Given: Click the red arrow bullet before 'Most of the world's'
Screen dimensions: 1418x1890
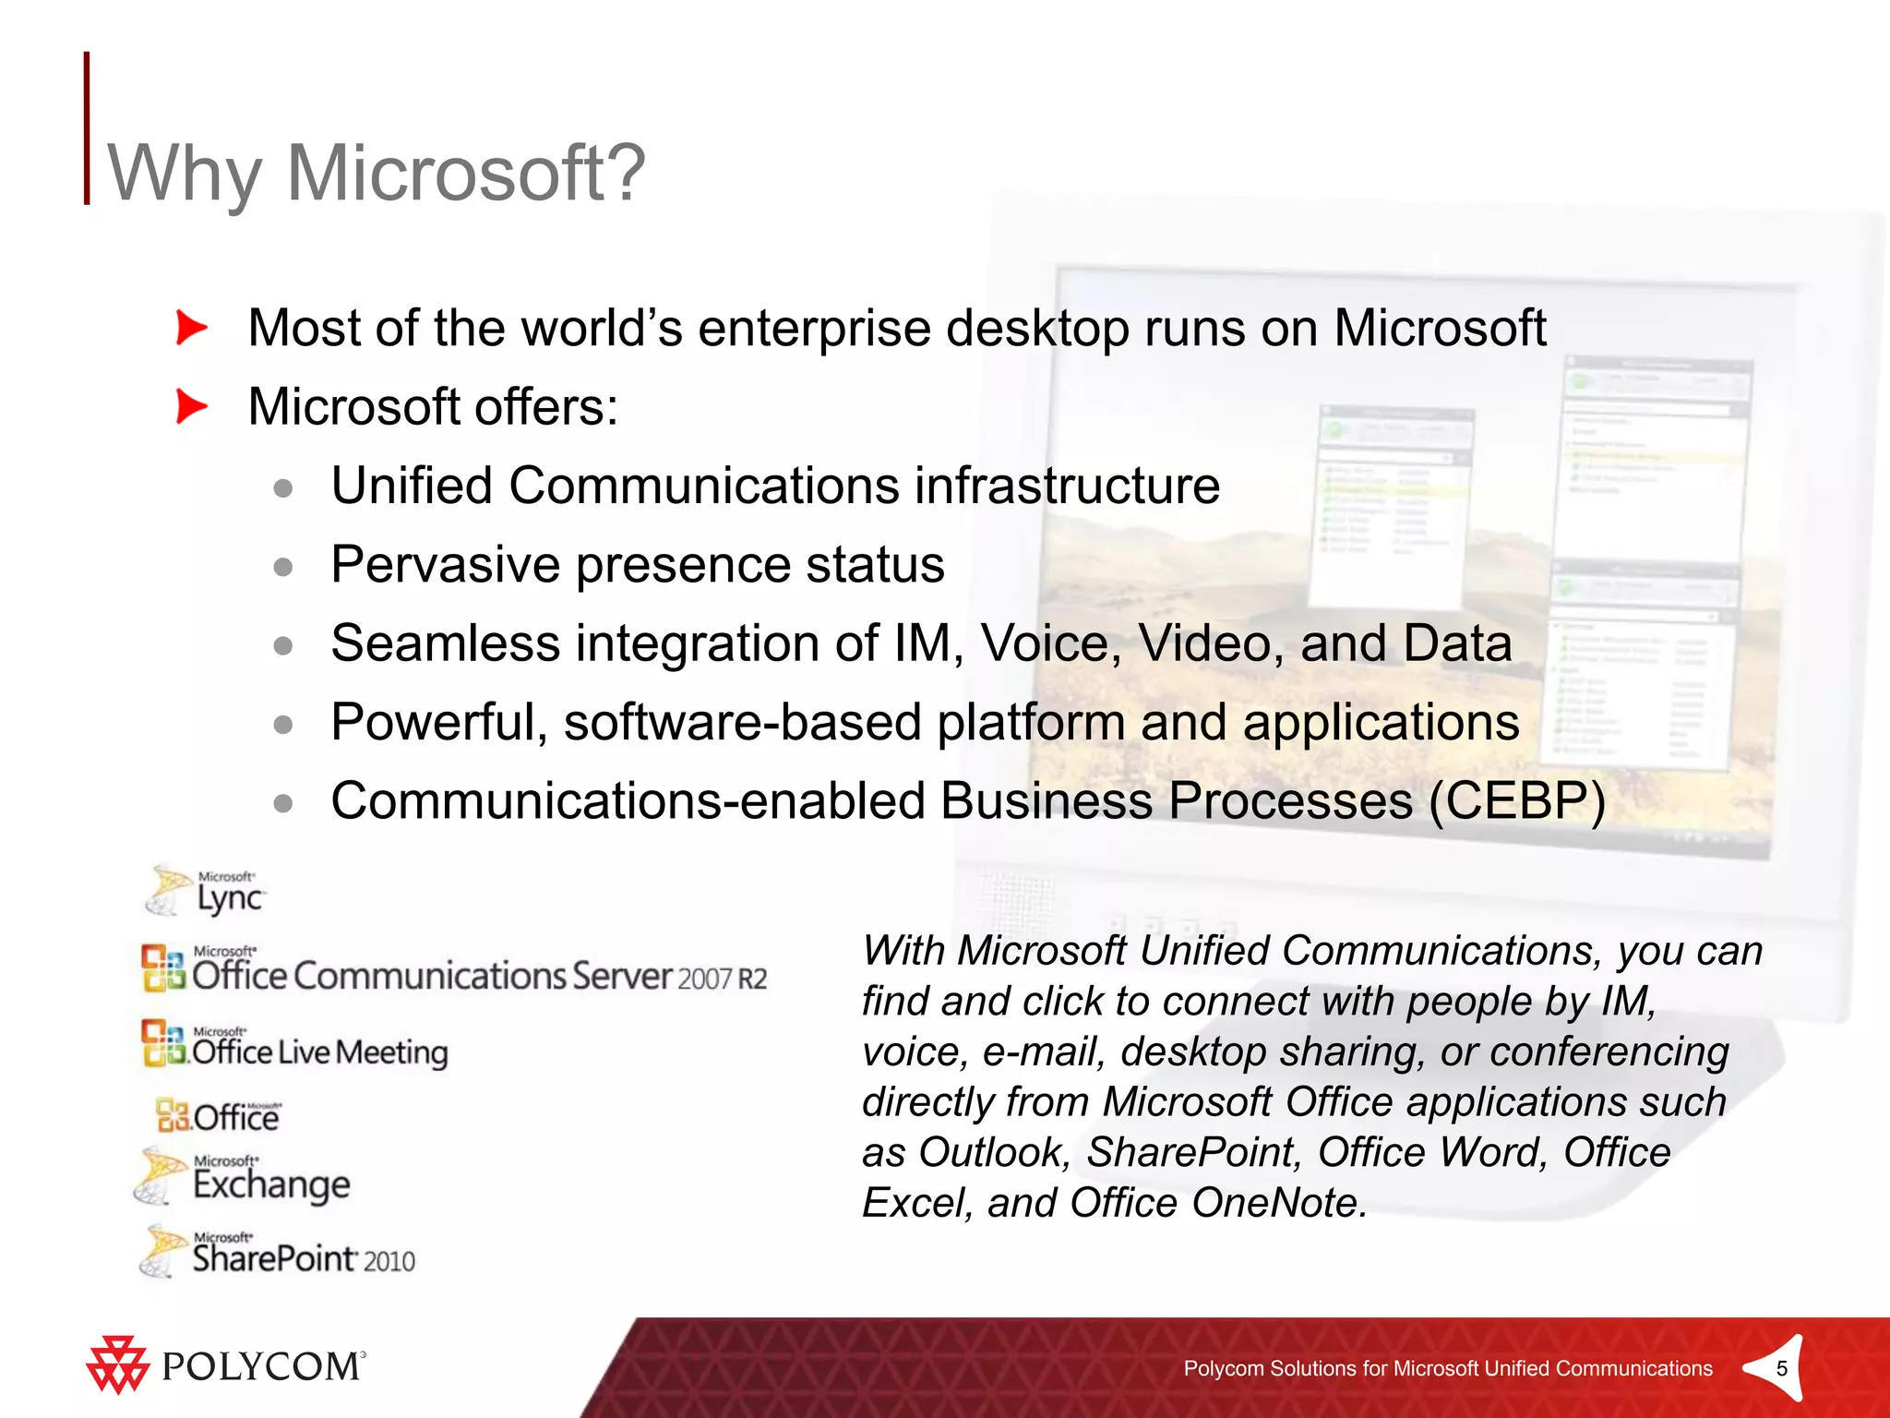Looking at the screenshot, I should (191, 328).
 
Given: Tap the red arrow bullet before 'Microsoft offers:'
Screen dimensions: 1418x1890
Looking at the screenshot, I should (191, 406).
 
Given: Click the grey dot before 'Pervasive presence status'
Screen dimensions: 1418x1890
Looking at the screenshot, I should (283, 566).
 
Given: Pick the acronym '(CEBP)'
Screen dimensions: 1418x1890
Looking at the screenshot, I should (1517, 800).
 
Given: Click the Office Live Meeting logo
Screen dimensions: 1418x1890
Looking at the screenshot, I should (295, 1045).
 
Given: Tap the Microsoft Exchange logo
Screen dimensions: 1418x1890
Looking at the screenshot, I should (244, 1177).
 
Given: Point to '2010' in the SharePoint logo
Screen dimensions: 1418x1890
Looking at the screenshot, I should (389, 1261).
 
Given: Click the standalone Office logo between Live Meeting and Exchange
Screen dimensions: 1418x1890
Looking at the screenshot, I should (219, 1116).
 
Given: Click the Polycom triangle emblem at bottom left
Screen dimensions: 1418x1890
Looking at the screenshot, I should (117, 1365).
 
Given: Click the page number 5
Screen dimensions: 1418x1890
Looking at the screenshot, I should (1781, 1368).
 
